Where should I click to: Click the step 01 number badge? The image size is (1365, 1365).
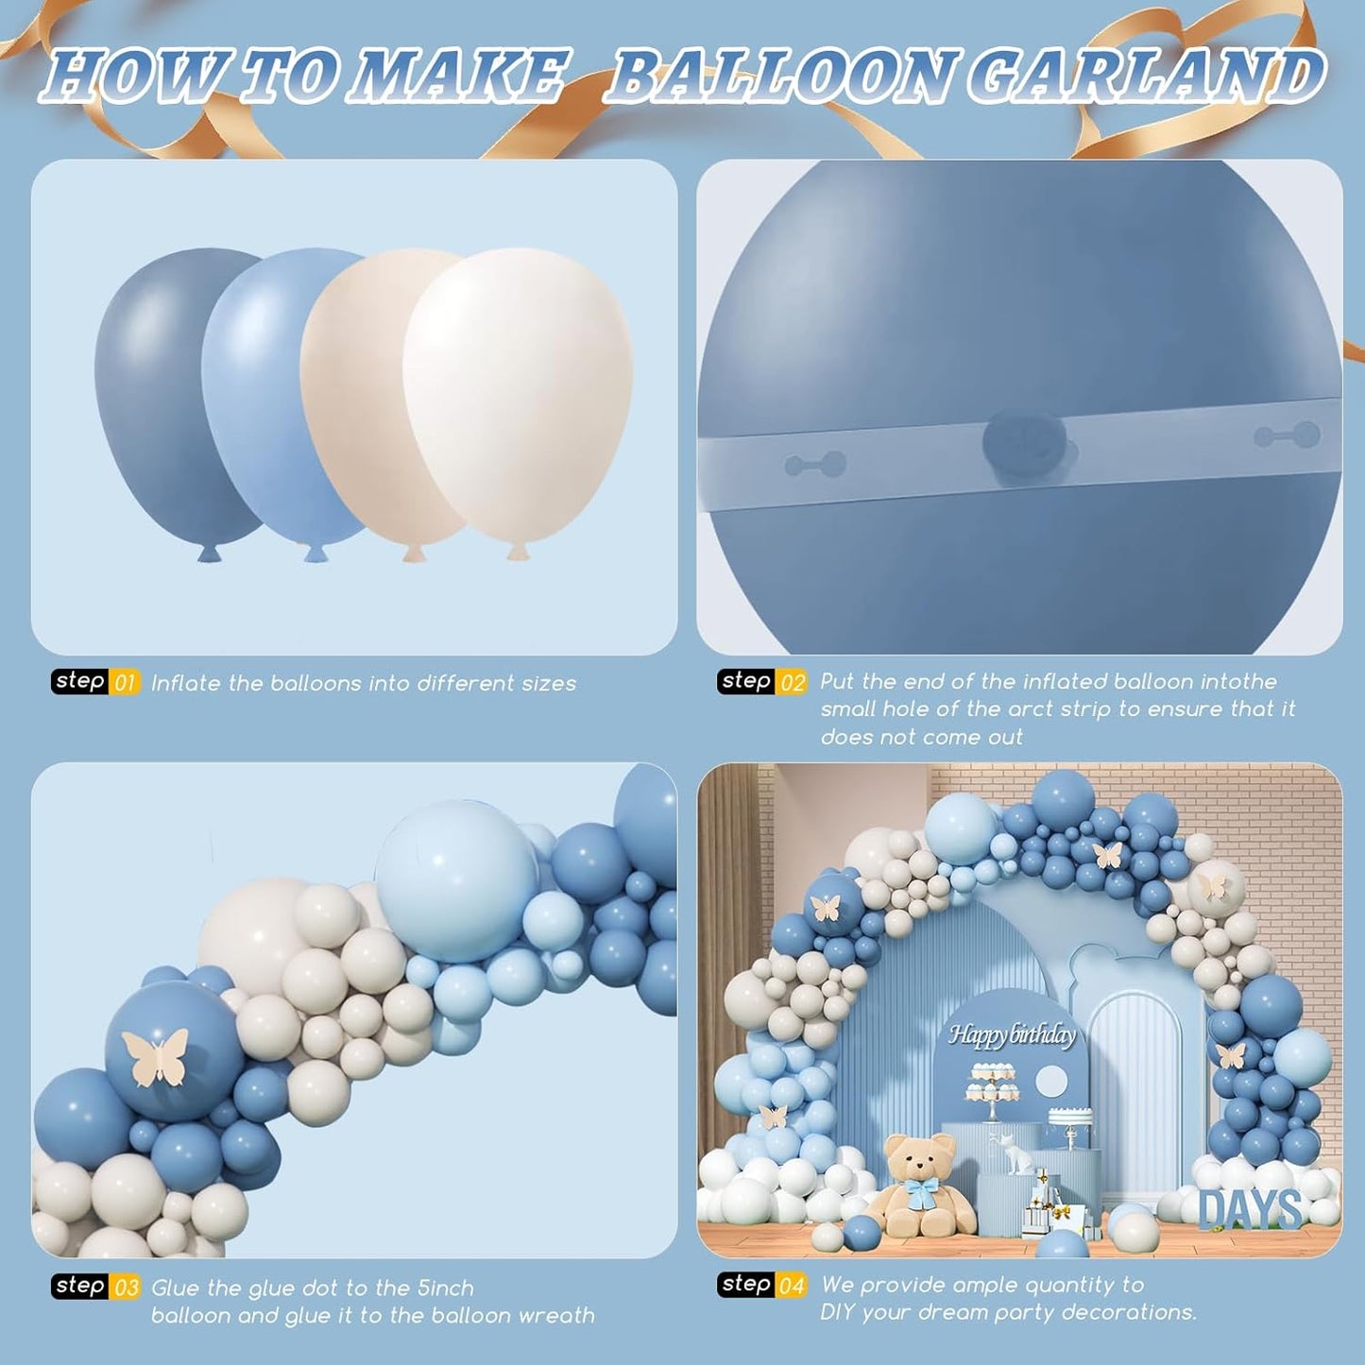pyautogui.click(x=125, y=683)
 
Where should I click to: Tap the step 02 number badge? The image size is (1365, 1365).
pyautogui.click(x=793, y=682)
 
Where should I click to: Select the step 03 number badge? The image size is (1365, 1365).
pyautogui.click(x=126, y=1288)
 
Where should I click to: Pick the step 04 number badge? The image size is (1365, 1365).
pyautogui.click(x=792, y=1286)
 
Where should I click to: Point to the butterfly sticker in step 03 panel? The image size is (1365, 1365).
pyautogui.click(x=155, y=1055)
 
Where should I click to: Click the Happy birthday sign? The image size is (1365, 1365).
pyautogui.click(x=1012, y=1035)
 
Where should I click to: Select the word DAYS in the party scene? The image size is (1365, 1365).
pyautogui.click(x=1251, y=1210)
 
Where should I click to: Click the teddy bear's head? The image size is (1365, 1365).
pyautogui.click(x=919, y=1156)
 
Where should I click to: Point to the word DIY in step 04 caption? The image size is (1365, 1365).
pyautogui.click(x=839, y=1313)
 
